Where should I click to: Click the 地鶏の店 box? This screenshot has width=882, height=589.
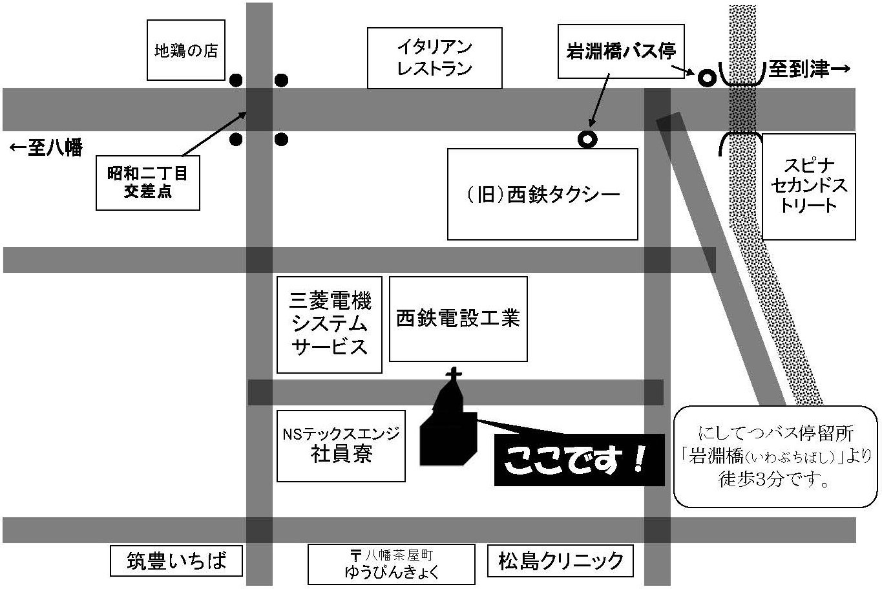click(186, 50)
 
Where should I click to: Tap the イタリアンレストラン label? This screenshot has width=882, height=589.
click(434, 58)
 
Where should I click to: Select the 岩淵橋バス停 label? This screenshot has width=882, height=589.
click(620, 52)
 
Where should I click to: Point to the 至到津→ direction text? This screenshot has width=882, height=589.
click(808, 70)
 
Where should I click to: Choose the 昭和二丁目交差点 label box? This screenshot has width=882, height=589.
click(147, 182)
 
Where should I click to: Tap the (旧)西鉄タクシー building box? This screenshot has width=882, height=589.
click(542, 194)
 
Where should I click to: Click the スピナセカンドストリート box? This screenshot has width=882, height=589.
click(808, 187)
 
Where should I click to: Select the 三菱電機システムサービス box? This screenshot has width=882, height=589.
click(329, 325)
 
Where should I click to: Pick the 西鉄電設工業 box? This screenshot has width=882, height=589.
click(458, 319)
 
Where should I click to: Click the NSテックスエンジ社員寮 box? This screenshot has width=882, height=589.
click(341, 445)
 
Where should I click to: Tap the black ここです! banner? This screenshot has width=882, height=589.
click(578, 460)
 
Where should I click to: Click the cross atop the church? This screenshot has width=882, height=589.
click(454, 374)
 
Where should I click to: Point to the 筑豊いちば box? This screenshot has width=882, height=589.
click(176, 561)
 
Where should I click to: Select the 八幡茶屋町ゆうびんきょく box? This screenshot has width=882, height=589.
click(391, 563)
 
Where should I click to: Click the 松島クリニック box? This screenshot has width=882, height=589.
click(560, 561)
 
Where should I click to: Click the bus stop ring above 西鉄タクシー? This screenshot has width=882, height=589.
click(587, 139)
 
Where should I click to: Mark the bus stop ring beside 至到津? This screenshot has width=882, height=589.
click(706, 78)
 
